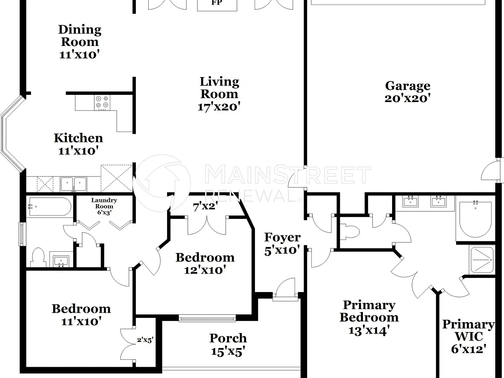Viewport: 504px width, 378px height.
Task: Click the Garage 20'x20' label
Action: point(408,92)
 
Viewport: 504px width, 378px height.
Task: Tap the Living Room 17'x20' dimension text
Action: point(219,107)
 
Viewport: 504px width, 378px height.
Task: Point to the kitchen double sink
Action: point(73,184)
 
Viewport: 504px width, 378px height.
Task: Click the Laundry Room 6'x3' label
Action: point(104,206)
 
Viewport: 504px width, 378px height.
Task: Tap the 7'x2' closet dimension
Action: point(205,207)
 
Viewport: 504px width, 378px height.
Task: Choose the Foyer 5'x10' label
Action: point(282,244)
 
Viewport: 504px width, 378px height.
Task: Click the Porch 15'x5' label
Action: point(228,345)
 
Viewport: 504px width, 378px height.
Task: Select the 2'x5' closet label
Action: point(145,340)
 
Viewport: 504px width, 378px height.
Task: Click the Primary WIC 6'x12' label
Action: point(469,336)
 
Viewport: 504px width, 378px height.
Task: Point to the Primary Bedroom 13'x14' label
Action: point(369,318)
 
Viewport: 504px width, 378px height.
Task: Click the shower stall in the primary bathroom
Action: point(482,260)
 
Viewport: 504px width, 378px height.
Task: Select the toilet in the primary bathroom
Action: point(350,232)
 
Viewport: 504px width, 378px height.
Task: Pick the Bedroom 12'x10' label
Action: point(205,264)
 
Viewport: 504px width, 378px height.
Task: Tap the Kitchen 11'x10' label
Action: point(78,144)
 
